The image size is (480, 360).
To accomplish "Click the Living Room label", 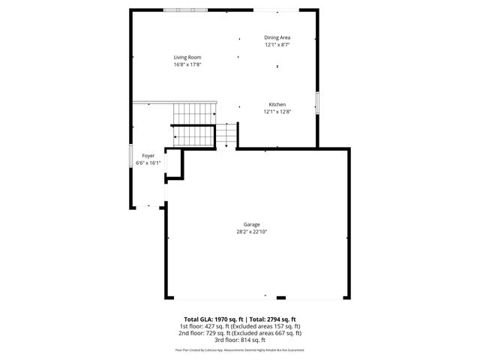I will (x=187, y=58).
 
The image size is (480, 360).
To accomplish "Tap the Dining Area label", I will (x=277, y=37).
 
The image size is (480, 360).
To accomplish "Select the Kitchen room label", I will (x=277, y=104).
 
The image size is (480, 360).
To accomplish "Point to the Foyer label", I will (x=148, y=156).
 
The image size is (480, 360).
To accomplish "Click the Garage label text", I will (x=251, y=225).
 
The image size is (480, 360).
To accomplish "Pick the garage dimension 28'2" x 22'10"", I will (x=251, y=232).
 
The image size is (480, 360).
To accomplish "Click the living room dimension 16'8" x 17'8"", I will (x=187, y=64).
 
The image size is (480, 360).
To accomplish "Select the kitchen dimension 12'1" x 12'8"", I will (x=277, y=111).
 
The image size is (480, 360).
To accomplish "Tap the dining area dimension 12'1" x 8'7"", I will (x=277, y=44).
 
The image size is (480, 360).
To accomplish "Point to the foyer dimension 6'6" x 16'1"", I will (x=148, y=163).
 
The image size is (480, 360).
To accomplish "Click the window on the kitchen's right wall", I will (x=317, y=103).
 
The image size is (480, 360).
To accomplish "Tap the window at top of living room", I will (x=186, y=9).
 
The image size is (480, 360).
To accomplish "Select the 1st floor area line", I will (x=240, y=326).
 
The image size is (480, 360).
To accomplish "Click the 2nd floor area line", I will (x=240, y=333).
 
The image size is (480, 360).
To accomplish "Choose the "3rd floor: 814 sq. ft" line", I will (x=240, y=340).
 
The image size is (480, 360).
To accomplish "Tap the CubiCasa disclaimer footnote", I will (x=240, y=349).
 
